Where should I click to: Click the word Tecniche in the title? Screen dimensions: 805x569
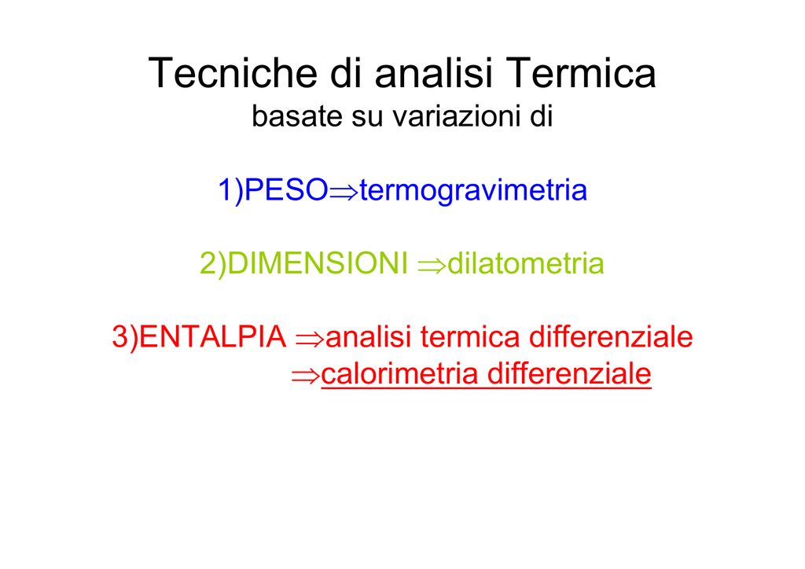pyautogui.click(x=233, y=73)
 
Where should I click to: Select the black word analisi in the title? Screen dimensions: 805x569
pyautogui.click(x=433, y=73)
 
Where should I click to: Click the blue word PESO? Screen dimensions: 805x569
pyautogui.click(x=286, y=189)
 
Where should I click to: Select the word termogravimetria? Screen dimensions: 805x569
pyautogui.click(x=472, y=191)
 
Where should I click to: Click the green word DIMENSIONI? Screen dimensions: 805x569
pyautogui.click(x=318, y=263)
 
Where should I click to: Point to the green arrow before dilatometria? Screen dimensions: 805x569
pyautogui.click(x=432, y=266)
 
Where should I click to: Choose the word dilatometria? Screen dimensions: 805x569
pyautogui.click(x=526, y=263)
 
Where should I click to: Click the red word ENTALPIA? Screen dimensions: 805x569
pyautogui.click(x=212, y=337)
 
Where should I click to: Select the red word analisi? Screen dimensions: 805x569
pyautogui.click(x=369, y=337)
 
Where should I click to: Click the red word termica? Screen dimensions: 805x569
pyautogui.click(x=470, y=337)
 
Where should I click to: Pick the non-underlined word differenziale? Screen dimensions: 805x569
pyautogui.click(x=611, y=337)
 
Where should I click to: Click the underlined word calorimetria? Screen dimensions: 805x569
pyautogui.click(x=400, y=374)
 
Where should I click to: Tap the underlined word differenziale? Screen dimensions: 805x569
pyautogui.click(x=569, y=374)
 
